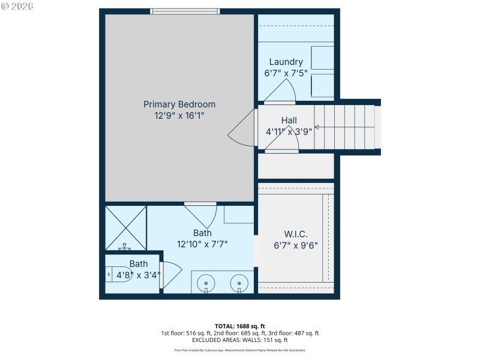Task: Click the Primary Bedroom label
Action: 179,104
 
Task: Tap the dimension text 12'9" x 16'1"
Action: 179,115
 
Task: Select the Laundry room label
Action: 286,62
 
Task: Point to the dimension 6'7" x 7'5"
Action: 286,73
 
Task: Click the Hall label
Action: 289,121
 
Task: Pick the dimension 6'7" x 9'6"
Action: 295,245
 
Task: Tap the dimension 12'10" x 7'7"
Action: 202,244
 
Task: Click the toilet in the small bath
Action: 117,274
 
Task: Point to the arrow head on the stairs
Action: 316,127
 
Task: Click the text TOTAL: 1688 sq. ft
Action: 239,326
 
